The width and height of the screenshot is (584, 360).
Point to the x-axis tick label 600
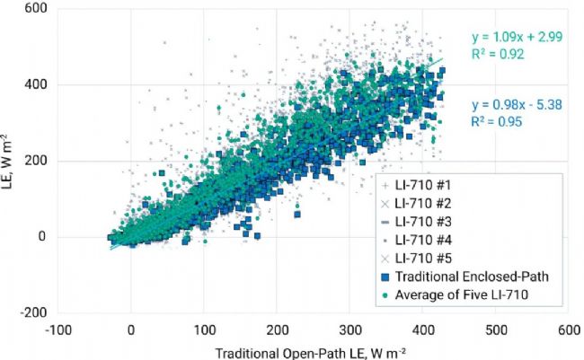(x=568, y=330)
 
